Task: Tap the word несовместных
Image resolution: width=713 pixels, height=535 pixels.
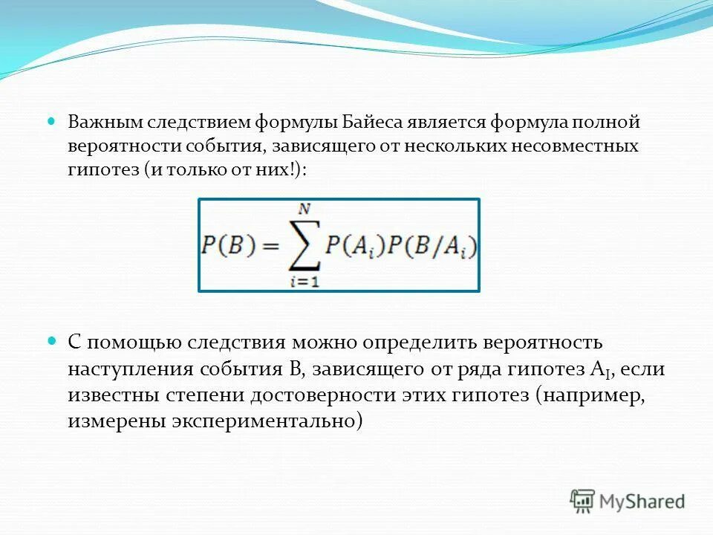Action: pyautogui.click(x=575, y=146)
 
